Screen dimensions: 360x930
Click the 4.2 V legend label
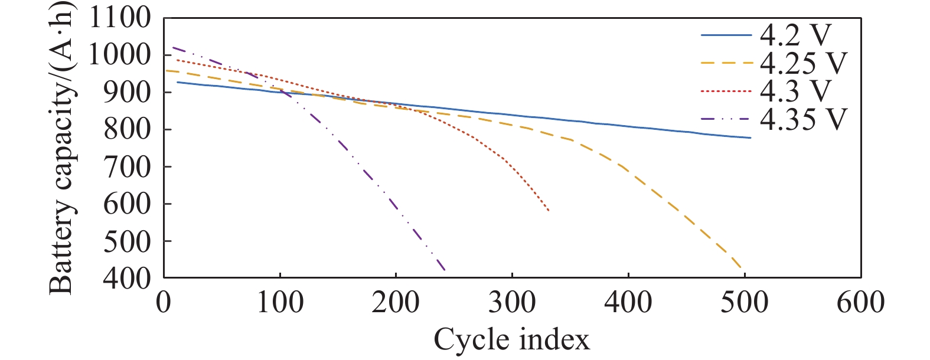click(795, 35)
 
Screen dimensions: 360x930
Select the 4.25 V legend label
click(803, 63)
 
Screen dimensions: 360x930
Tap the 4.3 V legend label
click(795, 91)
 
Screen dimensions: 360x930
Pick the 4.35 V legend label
click(803, 119)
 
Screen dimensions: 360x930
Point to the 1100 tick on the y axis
click(120, 18)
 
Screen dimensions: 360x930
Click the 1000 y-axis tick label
click(120, 55)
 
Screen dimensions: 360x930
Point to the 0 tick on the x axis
click(164, 302)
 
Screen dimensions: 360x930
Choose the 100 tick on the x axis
click(279, 302)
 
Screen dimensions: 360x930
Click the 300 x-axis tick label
click(512, 302)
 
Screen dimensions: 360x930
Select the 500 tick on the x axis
click(745, 302)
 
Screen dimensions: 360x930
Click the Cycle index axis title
click(512, 340)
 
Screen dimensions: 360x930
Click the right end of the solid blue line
click(750, 138)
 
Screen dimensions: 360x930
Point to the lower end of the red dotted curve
click(549, 211)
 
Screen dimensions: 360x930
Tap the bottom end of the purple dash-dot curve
click(445, 270)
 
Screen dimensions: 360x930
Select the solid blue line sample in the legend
click(726, 35)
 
